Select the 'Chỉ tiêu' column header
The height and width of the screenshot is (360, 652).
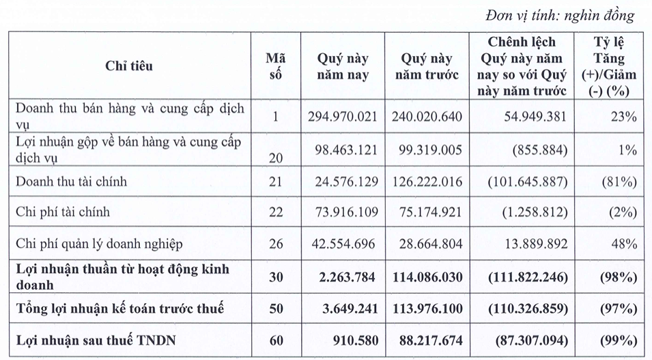[129, 66]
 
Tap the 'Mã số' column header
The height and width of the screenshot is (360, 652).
[275, 66]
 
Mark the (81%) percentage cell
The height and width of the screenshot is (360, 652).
[619, 182]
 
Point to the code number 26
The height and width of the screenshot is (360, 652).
[275, 244]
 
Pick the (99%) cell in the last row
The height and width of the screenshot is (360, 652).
[619, 340]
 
